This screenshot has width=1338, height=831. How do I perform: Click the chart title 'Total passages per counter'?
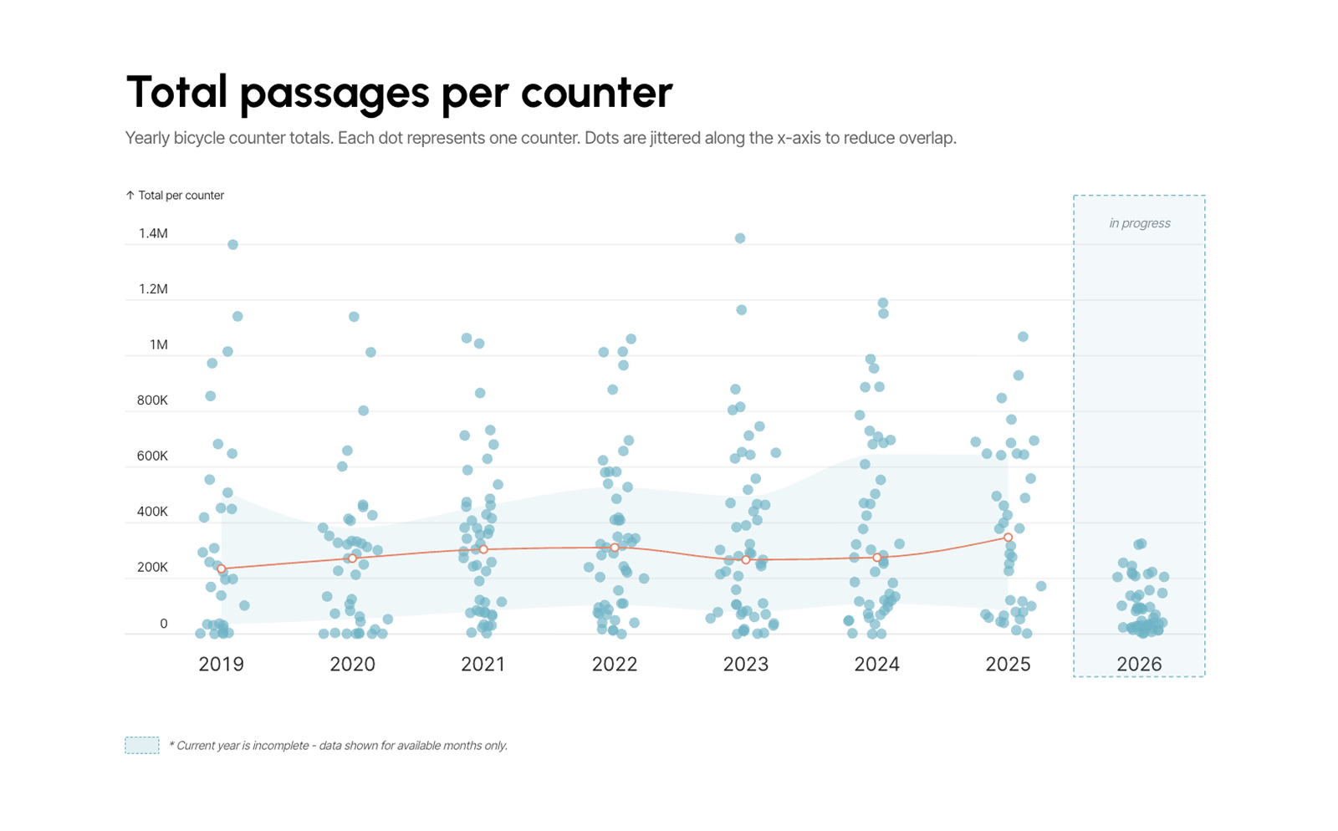tap(399, 93)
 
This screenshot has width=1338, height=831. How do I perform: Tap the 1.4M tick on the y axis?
tap(153, 233)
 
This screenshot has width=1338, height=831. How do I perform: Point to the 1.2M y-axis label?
tap(153, 289)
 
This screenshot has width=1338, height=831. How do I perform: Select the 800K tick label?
tap(152, 400)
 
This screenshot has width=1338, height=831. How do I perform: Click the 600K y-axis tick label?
tap(152, 456)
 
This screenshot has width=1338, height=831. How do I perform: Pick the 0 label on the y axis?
tap(164, 624)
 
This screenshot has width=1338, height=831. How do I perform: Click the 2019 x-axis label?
tap(221, 664)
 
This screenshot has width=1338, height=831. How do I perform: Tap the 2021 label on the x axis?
tap(483, 664)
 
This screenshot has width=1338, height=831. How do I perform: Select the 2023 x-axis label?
tap(745, 664)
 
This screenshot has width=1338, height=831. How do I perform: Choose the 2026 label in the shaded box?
tap(1139, 664)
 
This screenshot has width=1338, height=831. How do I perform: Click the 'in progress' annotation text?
tap(1140, 223)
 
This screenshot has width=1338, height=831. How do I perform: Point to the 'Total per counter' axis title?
tap(181, 196)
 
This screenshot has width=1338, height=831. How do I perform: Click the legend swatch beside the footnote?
tap(142, 745)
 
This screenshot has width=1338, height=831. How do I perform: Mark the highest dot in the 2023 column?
tap(740, 238)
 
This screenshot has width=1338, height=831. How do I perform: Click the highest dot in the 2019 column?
tap(233, 245)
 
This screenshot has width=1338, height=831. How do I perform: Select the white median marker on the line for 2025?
tap(1009, 538)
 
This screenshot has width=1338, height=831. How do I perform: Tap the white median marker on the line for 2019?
tap(221, 569)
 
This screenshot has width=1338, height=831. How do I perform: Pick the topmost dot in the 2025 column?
tap(1024, 337)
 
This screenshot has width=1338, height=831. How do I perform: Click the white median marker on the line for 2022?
tap(615, 548)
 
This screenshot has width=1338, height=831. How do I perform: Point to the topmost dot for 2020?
tap(355, 316)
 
